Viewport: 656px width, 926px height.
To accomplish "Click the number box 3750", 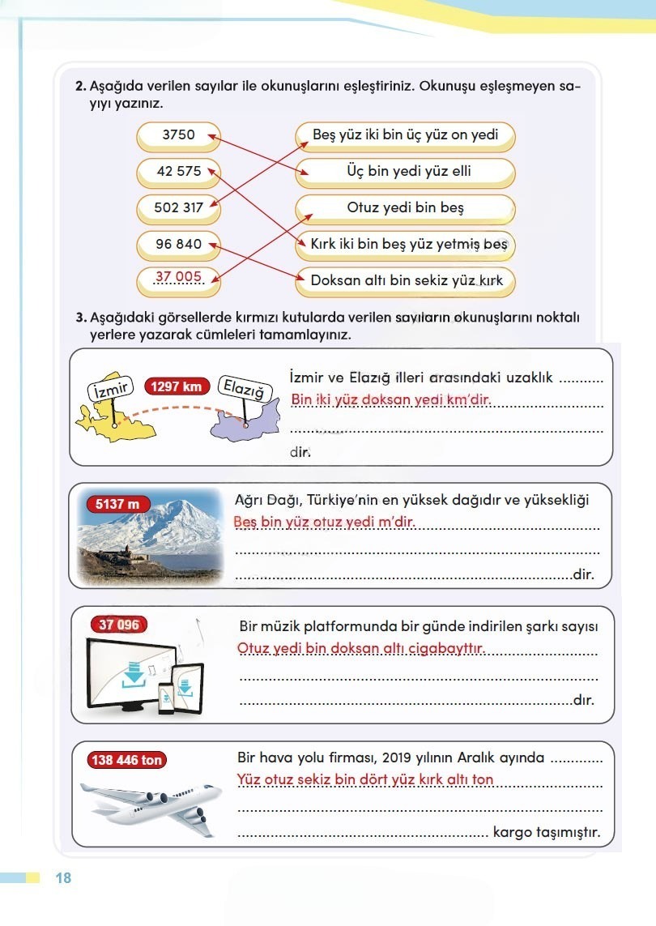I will [x=178, y=135].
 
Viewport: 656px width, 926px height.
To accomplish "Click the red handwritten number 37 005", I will [x=178, y=278].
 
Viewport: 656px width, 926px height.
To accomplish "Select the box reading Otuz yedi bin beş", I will [x=405, y=208].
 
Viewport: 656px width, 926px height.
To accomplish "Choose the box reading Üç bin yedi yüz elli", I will [x=405, y=172].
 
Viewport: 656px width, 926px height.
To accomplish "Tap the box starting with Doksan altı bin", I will [x=405, y=281].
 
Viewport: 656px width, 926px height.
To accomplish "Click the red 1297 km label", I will [x=176, y=386].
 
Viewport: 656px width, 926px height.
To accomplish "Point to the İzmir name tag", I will [x=109, y=389].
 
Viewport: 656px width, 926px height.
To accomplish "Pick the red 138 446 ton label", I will [x=127, y=760].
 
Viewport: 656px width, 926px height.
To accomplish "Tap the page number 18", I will [x=63, y=878].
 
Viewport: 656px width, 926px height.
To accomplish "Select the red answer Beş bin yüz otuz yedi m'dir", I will [x=324, y=523].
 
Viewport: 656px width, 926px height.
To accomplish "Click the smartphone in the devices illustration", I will [x=166, y=697].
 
